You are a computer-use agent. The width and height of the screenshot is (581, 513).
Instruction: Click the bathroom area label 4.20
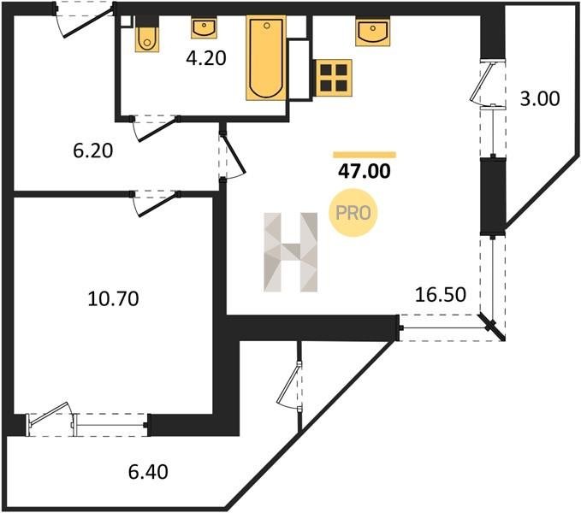[x=206, y=58]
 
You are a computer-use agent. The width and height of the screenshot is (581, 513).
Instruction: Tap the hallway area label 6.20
[x=93, y=151]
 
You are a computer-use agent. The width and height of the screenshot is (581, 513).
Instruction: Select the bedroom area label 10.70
[x=114, y=298]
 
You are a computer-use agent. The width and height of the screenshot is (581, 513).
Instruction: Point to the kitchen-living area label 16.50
[x=441, y=295]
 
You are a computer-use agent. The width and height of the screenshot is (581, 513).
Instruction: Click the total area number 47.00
[x=365, y=171]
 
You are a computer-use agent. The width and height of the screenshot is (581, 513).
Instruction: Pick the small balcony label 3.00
[x=540, y=99]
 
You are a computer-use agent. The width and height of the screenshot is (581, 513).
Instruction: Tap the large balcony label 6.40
[x=148, y=472]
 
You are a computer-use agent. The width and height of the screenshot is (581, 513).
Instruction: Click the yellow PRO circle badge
[x=353, y=213]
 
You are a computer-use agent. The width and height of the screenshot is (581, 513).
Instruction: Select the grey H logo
[x=291, y=252]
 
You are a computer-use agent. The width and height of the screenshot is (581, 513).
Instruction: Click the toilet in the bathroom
[x=147, y=34]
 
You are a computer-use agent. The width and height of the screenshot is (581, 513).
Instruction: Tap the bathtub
[x=266, y=58]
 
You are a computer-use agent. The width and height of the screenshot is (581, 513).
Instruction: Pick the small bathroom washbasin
[x=204, y=28]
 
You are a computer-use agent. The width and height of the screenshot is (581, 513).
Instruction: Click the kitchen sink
[x=373, y=32]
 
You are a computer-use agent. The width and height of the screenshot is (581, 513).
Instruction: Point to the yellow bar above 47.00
[x=365, y=155]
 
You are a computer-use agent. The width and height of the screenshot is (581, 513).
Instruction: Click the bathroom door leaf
[x=157, y=130]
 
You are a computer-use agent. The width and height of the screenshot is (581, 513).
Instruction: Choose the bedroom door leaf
[x=157, y=205]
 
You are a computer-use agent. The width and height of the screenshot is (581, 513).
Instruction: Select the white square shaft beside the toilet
[x=126, y=21]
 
